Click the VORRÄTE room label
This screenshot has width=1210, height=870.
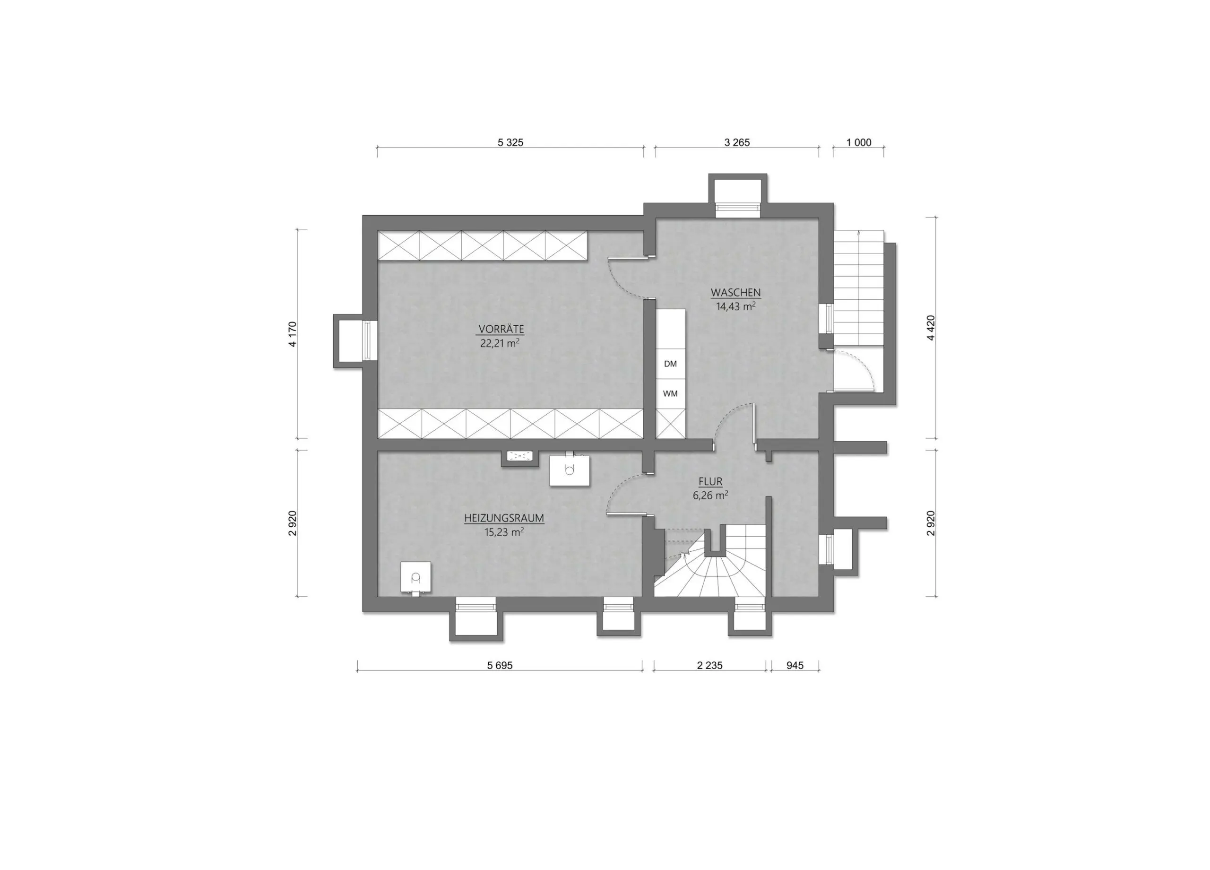pos(501,329)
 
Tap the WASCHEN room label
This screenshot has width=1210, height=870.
pos(736,293)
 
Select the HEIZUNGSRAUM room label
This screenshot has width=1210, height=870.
pos(504,518)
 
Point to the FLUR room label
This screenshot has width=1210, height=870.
pos(710,481)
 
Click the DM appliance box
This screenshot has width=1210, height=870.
pos(670,364)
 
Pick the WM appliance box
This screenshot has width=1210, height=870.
pos(670,394)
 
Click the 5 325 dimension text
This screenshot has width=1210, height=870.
pos(510,142)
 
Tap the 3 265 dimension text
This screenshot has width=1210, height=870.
pos(737,142)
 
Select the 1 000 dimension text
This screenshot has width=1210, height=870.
pos(859,142)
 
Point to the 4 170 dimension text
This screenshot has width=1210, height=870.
pos(293,334)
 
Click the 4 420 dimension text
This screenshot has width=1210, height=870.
pos(931,328)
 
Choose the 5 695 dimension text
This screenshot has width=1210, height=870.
pos(500,666)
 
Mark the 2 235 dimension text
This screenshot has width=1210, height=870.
pos(710,666)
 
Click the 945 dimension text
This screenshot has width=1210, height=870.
pos(795,666)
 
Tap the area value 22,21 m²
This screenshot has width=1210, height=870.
pos(500,343)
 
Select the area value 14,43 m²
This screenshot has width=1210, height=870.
pos(736,306)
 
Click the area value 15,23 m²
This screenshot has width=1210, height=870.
pos(504,532)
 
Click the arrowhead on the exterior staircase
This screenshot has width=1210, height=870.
pos(858,233)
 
